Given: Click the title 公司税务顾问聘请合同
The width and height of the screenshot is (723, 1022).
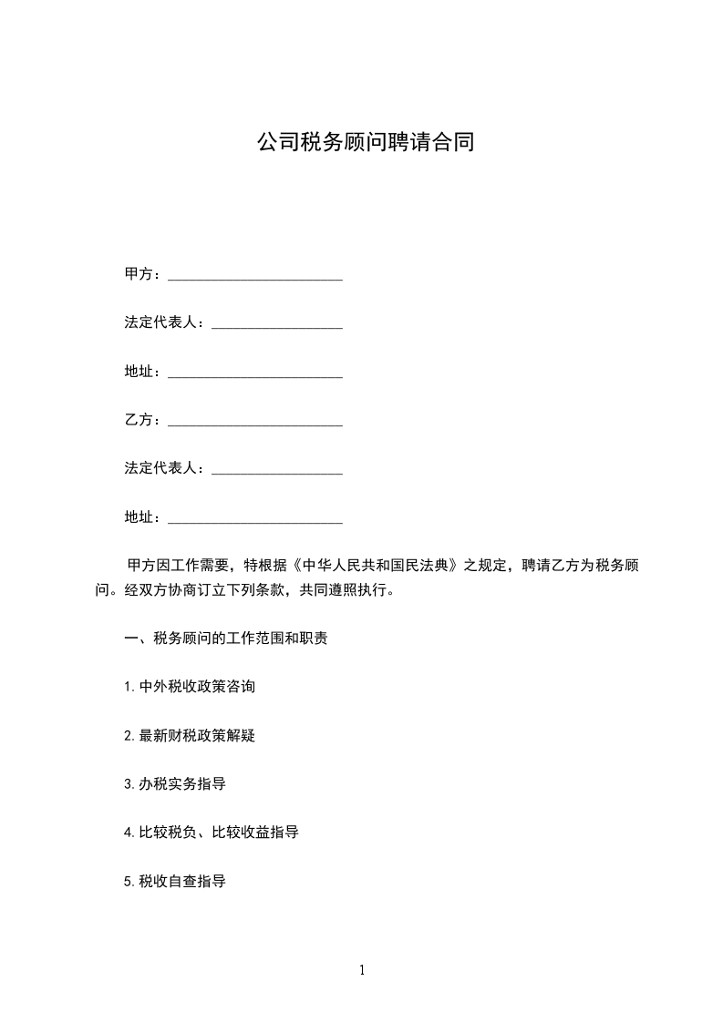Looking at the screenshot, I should (x=365, y=143).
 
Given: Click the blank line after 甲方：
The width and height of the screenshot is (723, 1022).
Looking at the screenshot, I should (x=255, y=277).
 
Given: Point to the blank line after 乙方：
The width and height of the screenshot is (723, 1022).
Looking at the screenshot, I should (x=255, y=423).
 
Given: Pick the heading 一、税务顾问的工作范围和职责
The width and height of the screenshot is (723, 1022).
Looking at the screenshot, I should (x=226, y=638).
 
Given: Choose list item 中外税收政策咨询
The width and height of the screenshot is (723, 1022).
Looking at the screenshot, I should (x=197, y=687).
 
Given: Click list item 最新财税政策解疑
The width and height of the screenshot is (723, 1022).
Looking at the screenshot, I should (x=197, y=735).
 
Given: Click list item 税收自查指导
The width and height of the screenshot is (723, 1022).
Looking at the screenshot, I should (x=182, y=882).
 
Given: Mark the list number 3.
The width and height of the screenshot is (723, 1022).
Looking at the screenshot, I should (x=129, y=784).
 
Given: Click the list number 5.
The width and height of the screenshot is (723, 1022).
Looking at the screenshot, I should (x=129, y=882).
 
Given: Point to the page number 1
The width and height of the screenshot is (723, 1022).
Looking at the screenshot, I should (x=362, y=970).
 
